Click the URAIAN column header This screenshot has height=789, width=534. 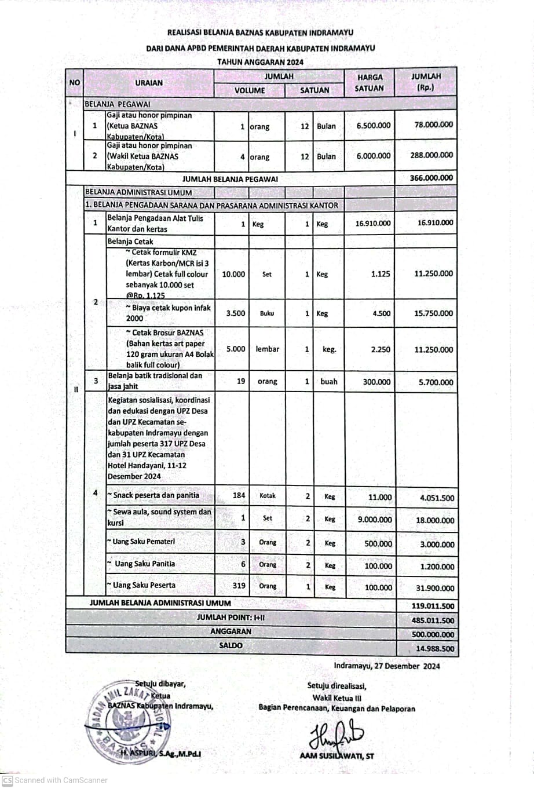pos(149,83)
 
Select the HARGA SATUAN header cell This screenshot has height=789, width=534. pos(370,83)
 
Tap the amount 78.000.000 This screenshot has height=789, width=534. pos(434,125)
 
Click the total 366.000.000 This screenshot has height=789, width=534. pos(431,178)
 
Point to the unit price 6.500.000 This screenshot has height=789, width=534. pos(374,126)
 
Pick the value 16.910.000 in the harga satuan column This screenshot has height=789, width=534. pos(373,223)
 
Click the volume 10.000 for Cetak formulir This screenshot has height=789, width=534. pos(233,274)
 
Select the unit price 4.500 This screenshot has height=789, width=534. pos(381,313)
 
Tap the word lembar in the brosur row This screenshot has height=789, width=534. pos(267,349)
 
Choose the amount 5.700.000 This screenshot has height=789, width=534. pos(435,382)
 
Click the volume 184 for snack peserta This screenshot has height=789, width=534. pos(239,495)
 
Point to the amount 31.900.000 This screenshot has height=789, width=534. pos(435,588)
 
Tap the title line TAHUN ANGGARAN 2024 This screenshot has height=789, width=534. pos(260,61)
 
